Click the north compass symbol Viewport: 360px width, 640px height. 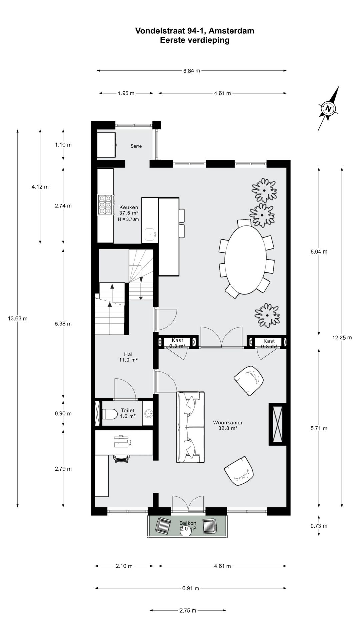pos(329,109)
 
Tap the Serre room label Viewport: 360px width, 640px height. pos(136,146)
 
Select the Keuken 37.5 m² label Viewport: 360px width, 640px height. pos(129,210)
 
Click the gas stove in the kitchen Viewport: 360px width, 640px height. pos(105,204)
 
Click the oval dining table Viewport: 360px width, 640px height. pos(245,260)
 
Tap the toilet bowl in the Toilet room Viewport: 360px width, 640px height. pos(109,414)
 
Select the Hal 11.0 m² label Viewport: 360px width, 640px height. pos(128,357)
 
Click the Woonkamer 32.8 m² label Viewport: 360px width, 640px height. pos(228,425)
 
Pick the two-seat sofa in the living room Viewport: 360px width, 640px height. pos(190,427)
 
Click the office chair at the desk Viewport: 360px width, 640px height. pos(121,459)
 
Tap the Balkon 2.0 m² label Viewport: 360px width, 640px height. pos(188,526)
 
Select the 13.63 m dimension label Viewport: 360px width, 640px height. pos(18,318)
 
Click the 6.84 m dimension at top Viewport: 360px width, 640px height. pos(192,71)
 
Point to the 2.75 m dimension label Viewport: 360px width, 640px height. pos(188,611)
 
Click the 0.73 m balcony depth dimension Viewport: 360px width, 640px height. pos(319,526)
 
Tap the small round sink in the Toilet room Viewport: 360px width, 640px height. pos(148,414)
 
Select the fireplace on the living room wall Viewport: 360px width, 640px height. pos(278,424)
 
